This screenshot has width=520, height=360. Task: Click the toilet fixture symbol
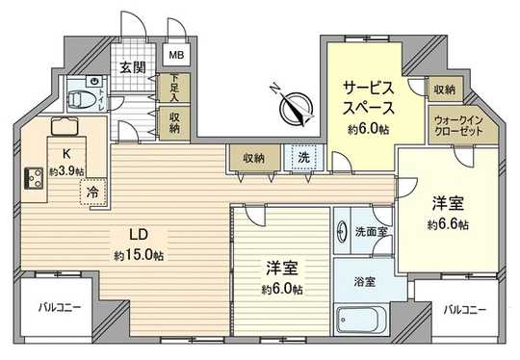pyautogui.click(x=83, y=99)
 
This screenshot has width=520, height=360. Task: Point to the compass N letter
pyautogui.click(x=276, y=90)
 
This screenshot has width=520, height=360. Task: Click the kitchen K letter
pyautogui.click(x=66, y=154)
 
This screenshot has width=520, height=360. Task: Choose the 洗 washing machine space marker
pyautogui.click(x=303, y=157)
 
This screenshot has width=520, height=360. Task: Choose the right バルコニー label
pyautogui.click(x=464, y=310)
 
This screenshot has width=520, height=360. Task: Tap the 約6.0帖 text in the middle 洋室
pyautogui.click(x=281, y=289)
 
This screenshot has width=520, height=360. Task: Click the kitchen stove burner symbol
pyautogui.click(x=30, y=176)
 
